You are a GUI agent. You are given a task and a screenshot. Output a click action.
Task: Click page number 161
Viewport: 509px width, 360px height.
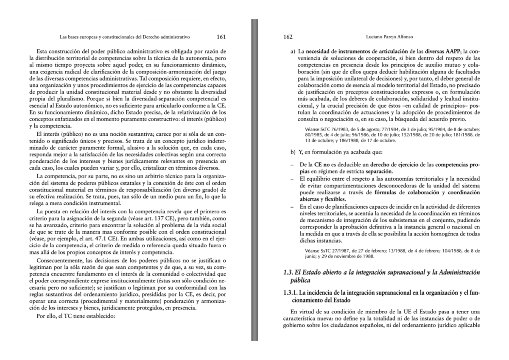point(221,37)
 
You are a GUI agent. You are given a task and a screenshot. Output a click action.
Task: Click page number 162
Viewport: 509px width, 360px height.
point(288,37)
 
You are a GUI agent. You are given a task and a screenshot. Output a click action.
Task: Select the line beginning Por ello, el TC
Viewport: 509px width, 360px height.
point(76,316)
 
